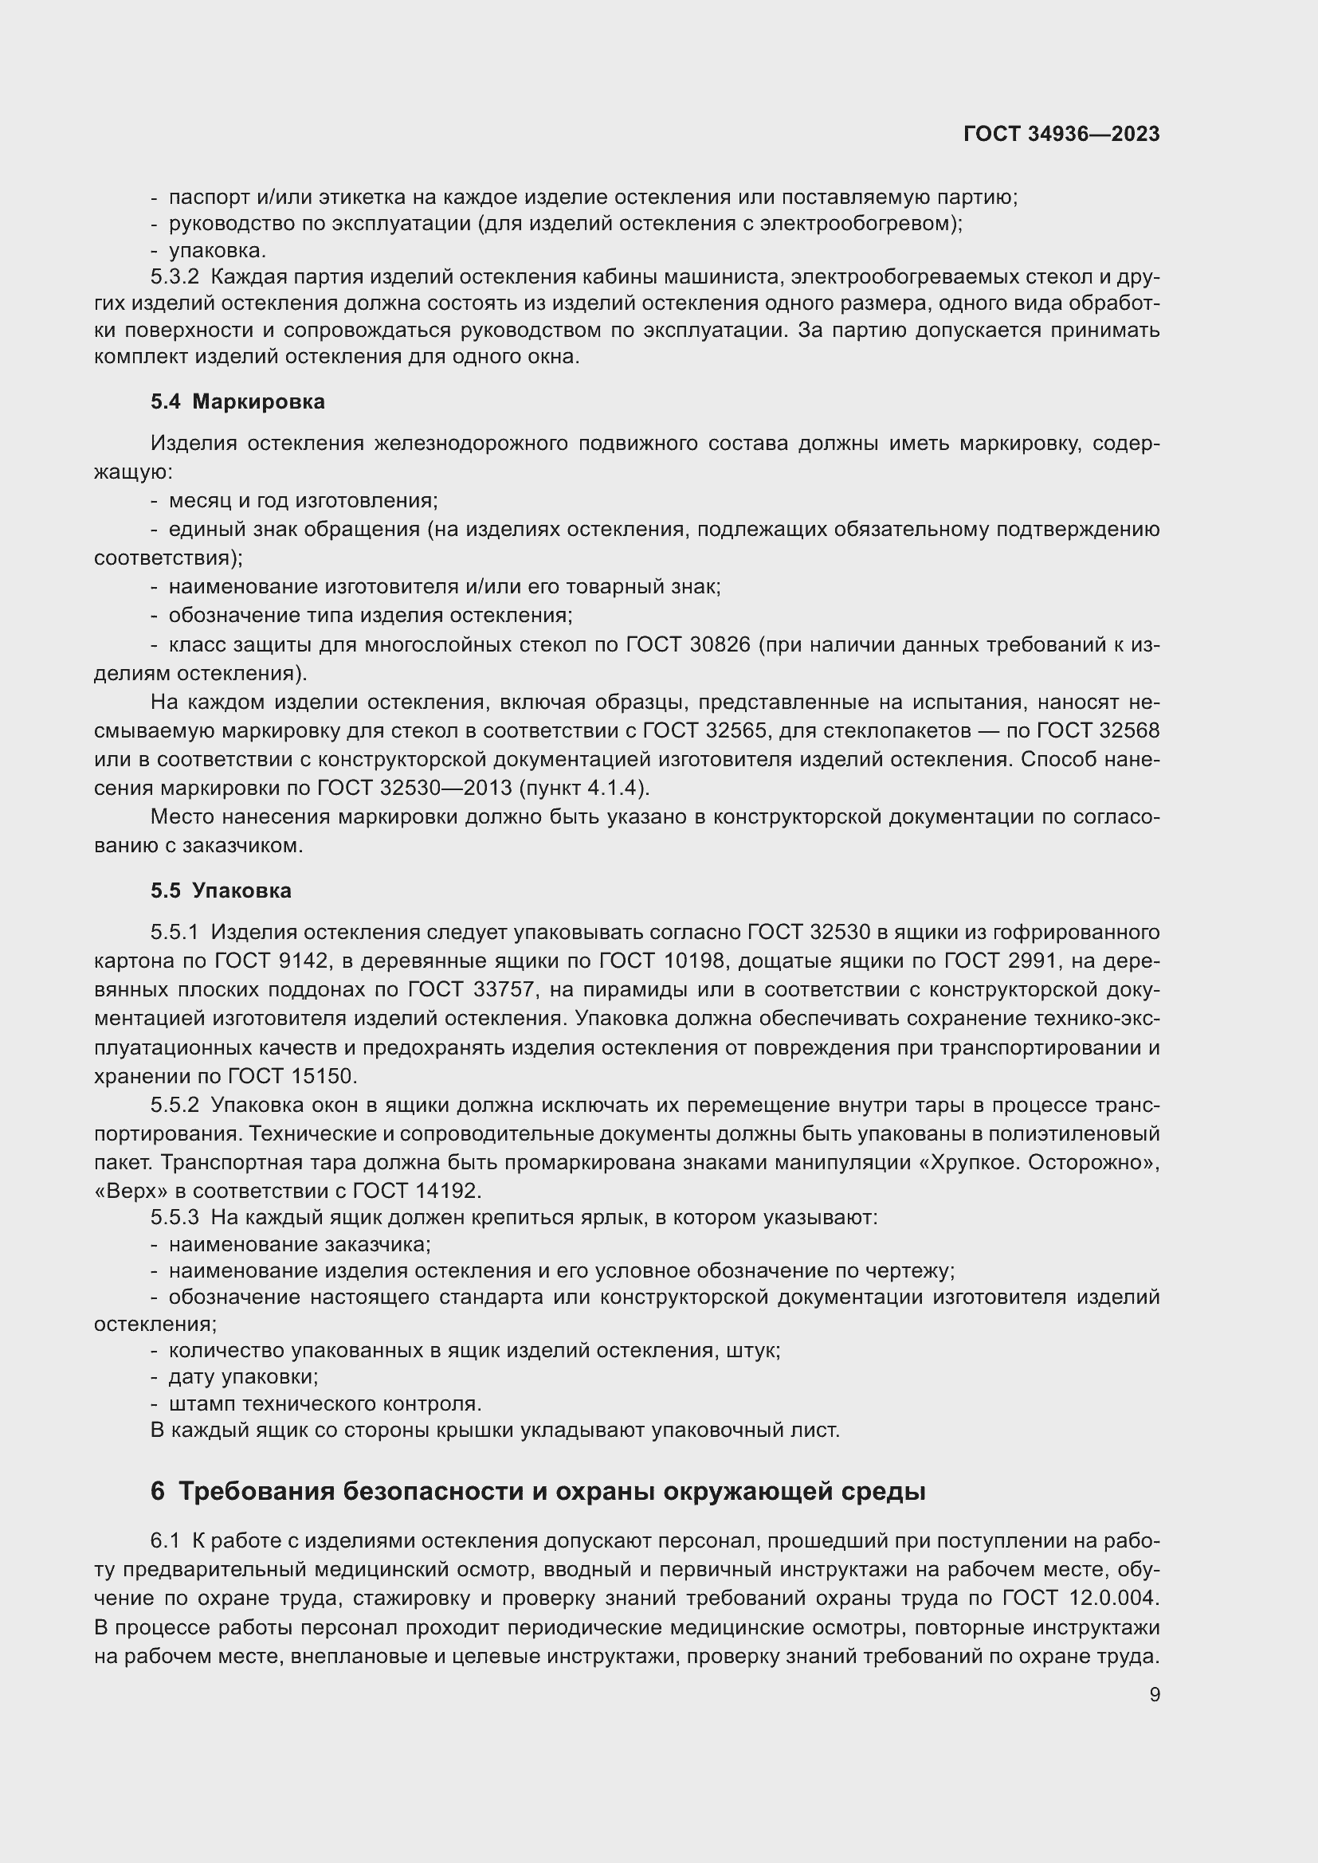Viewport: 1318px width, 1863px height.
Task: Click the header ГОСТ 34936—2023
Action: [x=1061, y=134]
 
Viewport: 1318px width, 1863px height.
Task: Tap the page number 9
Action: [x=1155, y=1694]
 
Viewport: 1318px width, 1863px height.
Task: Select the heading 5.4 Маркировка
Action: [x=237, y=401]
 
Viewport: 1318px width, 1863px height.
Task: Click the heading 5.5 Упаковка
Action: [x=221, y=890]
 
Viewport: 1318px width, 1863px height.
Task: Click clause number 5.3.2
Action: [x=175, y=276]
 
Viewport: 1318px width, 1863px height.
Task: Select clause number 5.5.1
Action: [x=175, y=933]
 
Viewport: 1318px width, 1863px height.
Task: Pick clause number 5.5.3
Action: [x=175, y=1217]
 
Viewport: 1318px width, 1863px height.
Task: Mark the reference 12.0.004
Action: [x=1114, y=1598]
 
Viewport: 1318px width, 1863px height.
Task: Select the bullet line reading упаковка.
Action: [x=218, y=250]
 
